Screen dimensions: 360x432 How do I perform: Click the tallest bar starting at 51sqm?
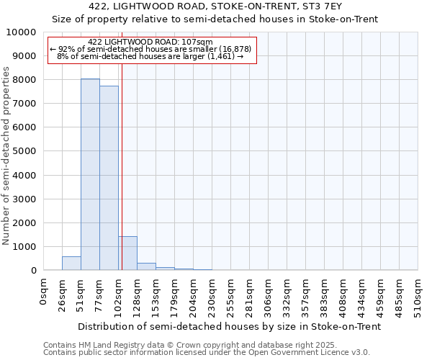tap(90, 174)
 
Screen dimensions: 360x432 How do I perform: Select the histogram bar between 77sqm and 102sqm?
tap(109, 178)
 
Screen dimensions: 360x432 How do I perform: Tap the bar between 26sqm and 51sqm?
tap(71, 264)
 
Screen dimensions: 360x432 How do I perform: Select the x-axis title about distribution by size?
tap(228, 326)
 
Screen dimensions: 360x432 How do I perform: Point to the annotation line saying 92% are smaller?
tap(150, 49)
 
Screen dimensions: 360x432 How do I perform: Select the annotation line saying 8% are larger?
tap(150, 56)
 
